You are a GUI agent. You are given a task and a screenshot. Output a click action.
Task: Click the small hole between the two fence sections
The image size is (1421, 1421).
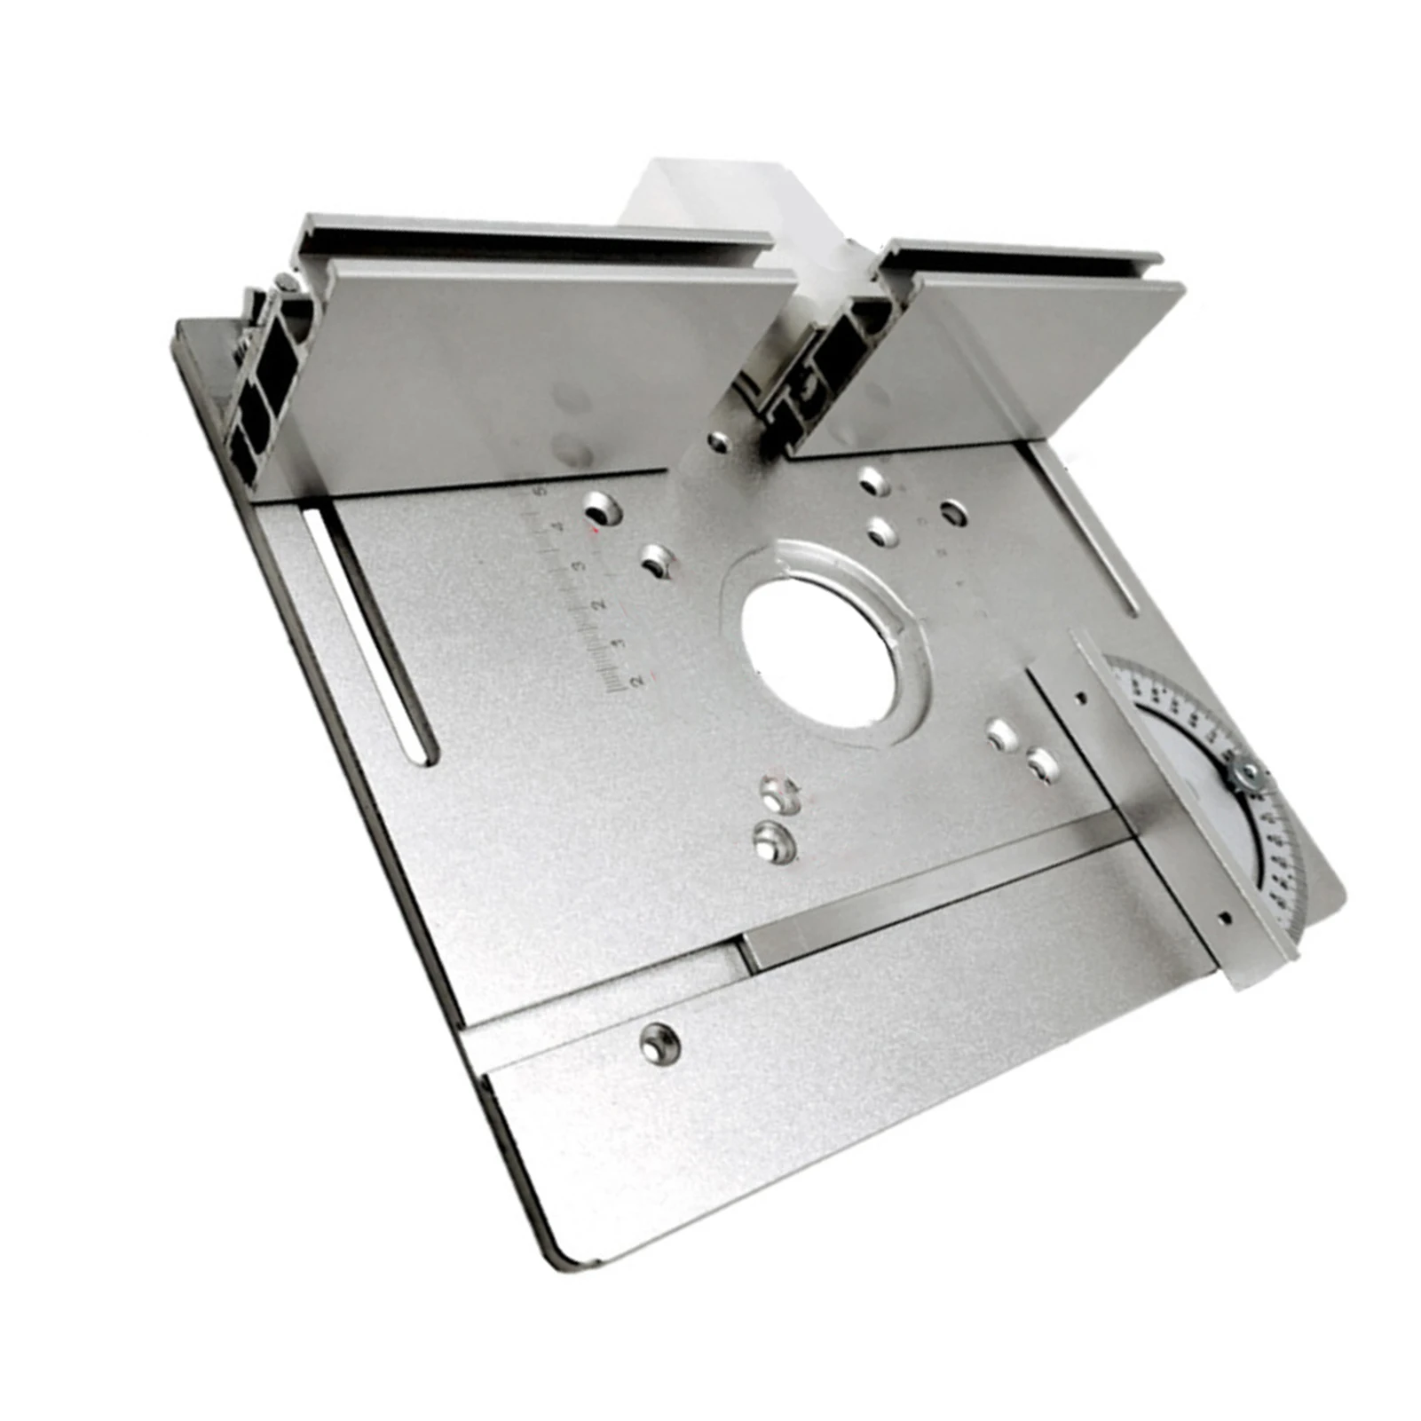[x=719, y=438]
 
